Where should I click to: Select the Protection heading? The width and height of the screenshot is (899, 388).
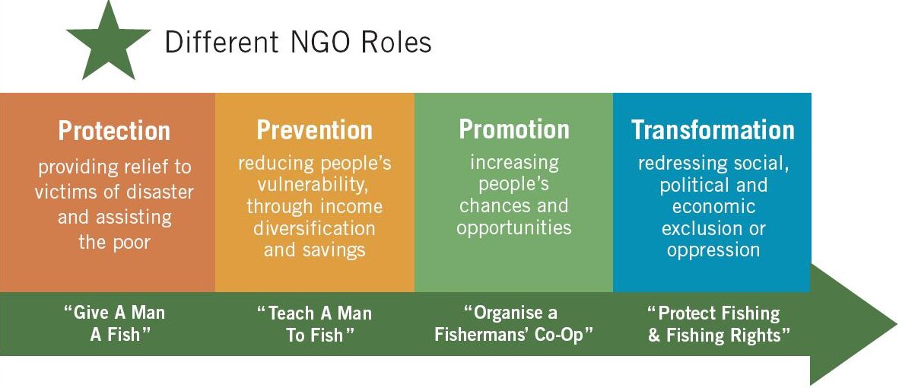pyautogui.click(x=114, y=131)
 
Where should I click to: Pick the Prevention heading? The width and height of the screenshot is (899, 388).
pyautogui.click(x=315, y=130)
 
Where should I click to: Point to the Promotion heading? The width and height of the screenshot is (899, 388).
pyautogui.click(x=514, y=129)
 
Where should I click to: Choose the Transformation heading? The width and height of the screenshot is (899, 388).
pyautogui.click(x=713, y=130)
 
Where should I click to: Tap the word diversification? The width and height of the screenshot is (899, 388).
pyautogui.click(x=314, y=229)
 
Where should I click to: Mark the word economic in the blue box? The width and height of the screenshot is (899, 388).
pyautogui.click(x=714, y=207)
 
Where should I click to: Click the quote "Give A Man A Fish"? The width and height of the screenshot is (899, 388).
pyautogui.click(x=114, y=324)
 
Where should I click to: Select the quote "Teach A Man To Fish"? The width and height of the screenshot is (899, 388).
pyautogui.click(x=313, y=324)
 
